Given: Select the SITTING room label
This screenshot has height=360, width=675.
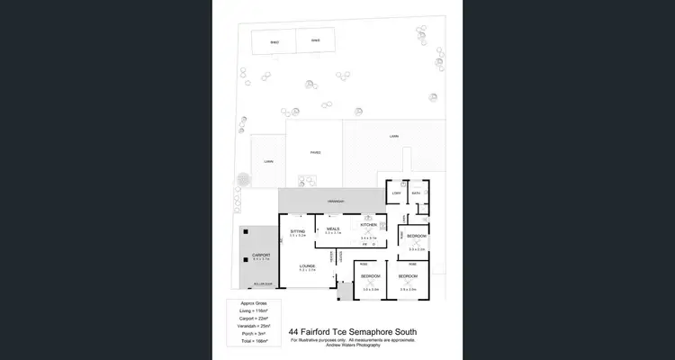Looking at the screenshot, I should [x=298, y=231].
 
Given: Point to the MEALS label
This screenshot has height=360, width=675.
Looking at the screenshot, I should [x=333, y=230].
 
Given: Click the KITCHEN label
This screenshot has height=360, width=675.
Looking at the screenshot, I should [x=368, y=224].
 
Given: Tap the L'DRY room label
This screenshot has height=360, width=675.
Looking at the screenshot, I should [x=396, y=193].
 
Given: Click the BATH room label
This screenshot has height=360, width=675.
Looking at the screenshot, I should [x=418, y=193].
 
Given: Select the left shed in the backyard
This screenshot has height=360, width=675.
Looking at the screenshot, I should [x=274, y=41].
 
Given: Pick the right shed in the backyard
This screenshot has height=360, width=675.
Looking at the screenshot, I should [x=315, y=41].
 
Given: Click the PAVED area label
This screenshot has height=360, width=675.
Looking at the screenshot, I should [x=315, y=152].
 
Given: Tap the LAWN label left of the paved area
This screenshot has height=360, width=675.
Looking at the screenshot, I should [x=268, y=161].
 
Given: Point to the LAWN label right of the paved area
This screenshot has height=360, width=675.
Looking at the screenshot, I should [x=393, y=137].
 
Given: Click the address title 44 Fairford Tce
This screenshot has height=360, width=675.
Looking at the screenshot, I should [x=351, y=331].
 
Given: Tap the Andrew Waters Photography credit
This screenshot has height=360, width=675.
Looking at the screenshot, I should [x=351, y=346].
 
